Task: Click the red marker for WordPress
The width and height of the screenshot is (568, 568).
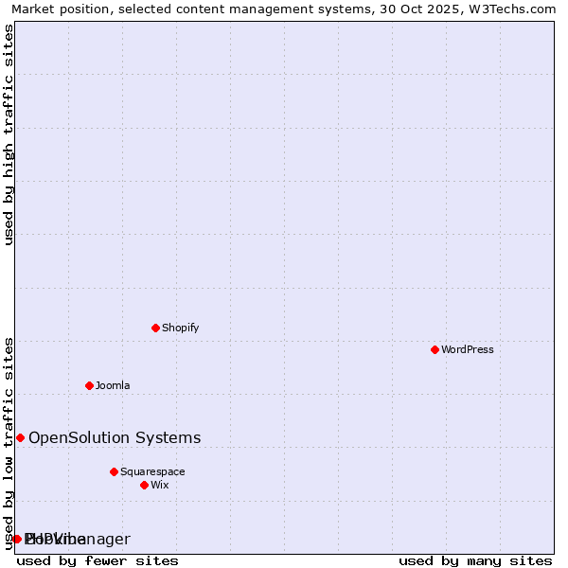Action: pyautogui.click(x=435, y=349)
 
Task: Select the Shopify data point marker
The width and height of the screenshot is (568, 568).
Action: pyautogui.click(x=155, y=328)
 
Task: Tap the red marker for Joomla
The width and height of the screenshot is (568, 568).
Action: pyautogui.click(x=89, y=385)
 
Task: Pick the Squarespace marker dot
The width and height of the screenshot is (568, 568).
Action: pyautogui.click(x=114, y=471)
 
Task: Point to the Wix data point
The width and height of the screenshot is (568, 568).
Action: pyautogui.click(x=144, y=485)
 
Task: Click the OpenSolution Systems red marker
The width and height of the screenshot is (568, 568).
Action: pyautogui.click(x=20, y=437)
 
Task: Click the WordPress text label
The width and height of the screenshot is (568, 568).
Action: pyautogui.click(x=468, y=349)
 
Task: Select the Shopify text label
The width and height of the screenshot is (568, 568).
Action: pyautogui.click(x=180, y=328)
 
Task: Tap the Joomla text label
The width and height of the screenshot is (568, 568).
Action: pyautogui.click(x=113, y=385)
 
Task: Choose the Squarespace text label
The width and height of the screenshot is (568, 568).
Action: pyautogui.click(x=152, y=471)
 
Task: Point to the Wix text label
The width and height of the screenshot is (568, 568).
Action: pyautogui.click(x=160, y=485)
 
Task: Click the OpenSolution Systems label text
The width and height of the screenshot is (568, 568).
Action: pyautogui.click(x=115, y=437)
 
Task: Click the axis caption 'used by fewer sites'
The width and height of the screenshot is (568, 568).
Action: pyautogui.click(x=98, y=560)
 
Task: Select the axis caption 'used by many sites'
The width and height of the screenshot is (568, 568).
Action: pyautogui.click(x=475, y=560)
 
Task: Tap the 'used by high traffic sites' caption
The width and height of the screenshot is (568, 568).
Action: pyautogui.click(x=9, y=134)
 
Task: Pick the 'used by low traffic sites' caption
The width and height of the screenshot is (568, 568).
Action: pyautogui.click(x=9, y=443)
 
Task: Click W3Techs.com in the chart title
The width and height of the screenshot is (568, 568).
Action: pyautogui.click(x=516, y=9)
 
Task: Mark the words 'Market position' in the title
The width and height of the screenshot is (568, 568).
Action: pyautogui.click(x=58, y=9)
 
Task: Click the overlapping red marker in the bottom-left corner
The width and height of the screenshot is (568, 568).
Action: pyautogui.click(x=17, y=539)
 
